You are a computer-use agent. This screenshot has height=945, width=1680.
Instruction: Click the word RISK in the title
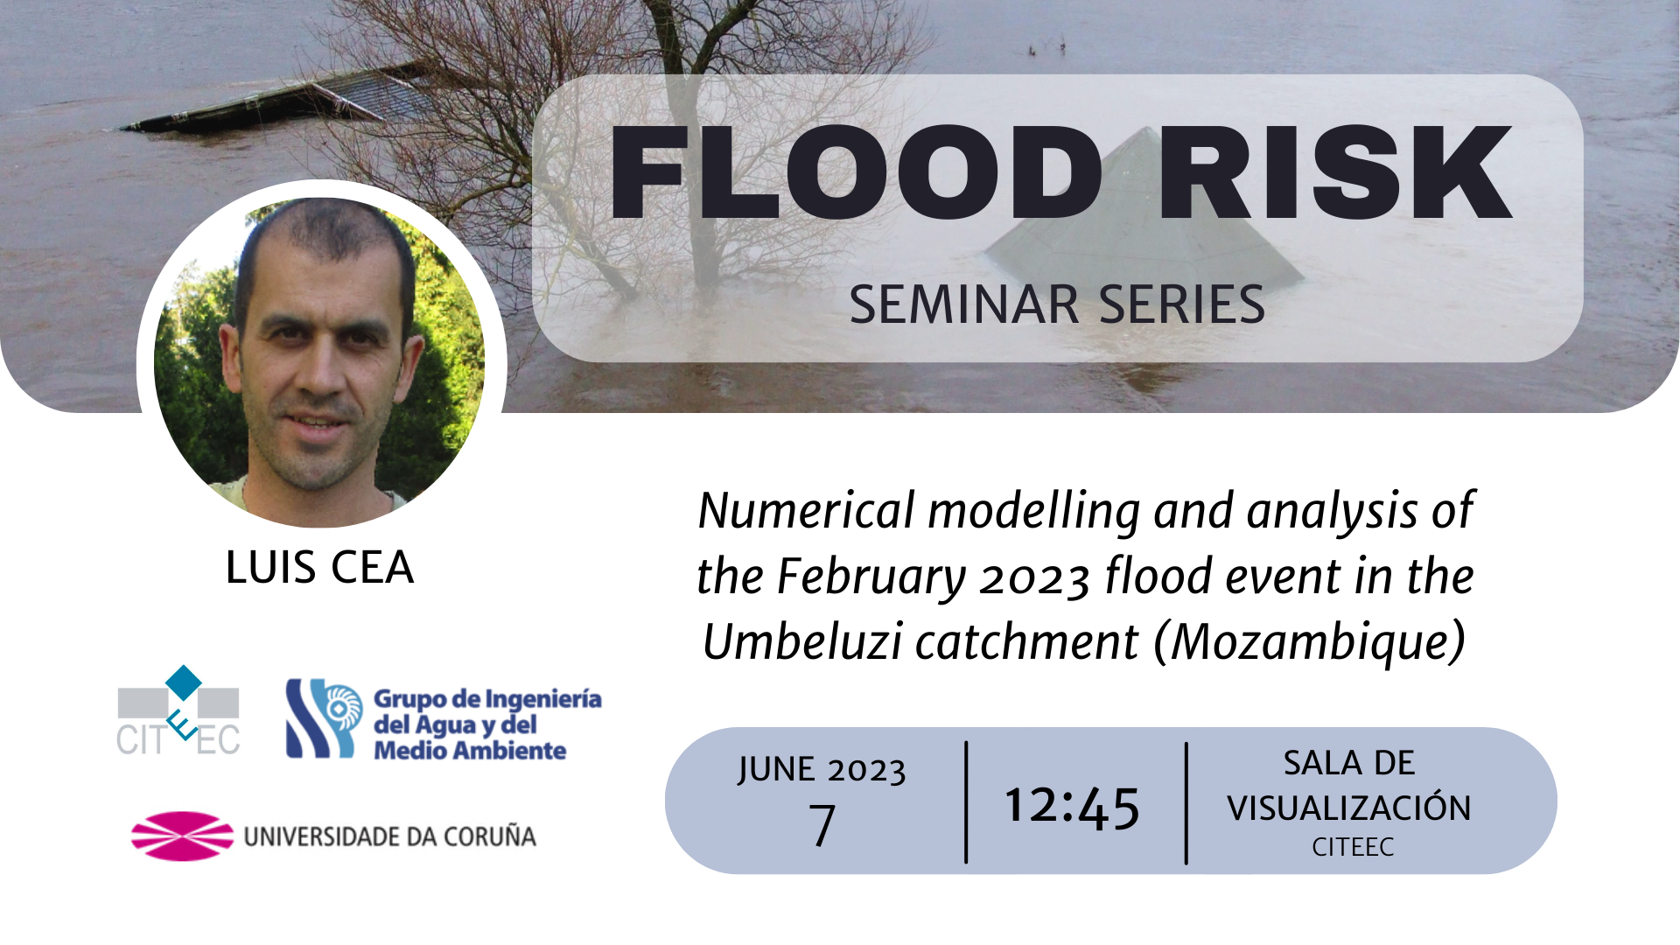pos(1336,172)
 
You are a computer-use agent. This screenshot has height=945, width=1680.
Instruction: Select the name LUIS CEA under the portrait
pos(319,567)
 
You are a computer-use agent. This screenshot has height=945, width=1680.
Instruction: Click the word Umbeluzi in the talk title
pos(802,641)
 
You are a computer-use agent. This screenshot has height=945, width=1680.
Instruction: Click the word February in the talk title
pos(871,577)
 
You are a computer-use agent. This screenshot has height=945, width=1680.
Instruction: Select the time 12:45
pos(1073,805)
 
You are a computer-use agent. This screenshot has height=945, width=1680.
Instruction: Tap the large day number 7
pos(822,825)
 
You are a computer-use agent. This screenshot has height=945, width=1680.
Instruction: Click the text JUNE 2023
pos(822,770)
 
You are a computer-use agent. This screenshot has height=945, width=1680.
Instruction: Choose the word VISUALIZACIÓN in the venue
pos(1349,808)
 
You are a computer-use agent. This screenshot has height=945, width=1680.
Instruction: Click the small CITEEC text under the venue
pos(1353,847)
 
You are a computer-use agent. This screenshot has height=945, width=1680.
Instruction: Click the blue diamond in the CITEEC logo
pos(184,682)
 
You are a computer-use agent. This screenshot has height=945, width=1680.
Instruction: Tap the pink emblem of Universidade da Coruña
pos(183,836)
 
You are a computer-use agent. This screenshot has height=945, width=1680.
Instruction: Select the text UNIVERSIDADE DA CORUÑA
pos(390,837)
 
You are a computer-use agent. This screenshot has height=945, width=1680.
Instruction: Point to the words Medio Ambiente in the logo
pos(470,751)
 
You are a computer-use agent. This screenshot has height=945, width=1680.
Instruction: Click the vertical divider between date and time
pos(966,802)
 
